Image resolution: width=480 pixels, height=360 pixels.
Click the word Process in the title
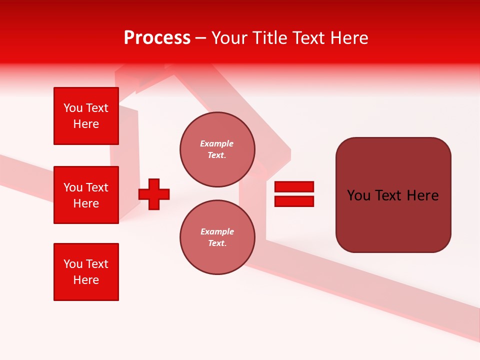click(x=157, y=38)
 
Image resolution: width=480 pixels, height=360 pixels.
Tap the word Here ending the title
click(x=348, y=38)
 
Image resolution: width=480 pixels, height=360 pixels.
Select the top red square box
click(x=86, y=116)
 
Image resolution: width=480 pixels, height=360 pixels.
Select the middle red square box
click(x=86, y=195)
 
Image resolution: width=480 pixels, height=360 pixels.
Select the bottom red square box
click(x=86, y=272)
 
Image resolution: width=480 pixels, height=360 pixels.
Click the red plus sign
click(x=154, y=194)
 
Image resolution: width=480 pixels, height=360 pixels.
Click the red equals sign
click(x=294, y=194)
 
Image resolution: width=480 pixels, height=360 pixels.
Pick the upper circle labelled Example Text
click(x=217, y=149)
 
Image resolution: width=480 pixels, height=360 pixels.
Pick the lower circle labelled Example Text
click(x=217, y=237)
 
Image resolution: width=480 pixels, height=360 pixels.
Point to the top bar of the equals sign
click(x=294, y=186)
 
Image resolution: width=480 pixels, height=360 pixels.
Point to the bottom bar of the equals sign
click(x=294, y=201)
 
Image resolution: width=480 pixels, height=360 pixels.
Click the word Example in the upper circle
click(x=217, y=143)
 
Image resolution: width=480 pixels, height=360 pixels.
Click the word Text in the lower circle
click(x=216, y=243)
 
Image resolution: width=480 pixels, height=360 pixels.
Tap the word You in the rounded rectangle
click(x=358, y=195)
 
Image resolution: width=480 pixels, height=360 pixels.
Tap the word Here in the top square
click(x=86, y=124)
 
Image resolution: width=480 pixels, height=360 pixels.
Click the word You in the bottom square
click(x=73, y=264)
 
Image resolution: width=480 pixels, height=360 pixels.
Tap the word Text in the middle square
click(x=97, y=187)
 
